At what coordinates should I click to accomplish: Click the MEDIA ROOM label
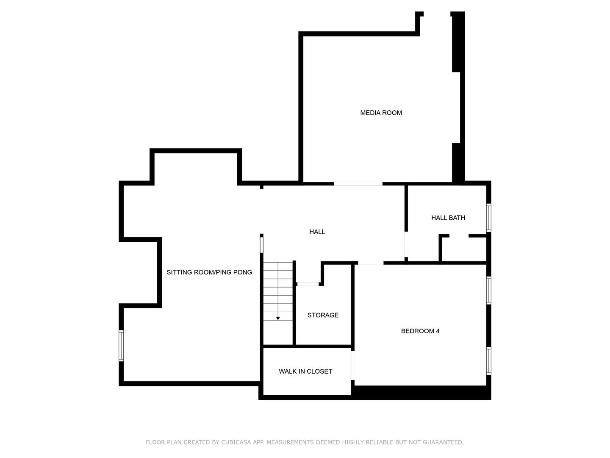(381, 113)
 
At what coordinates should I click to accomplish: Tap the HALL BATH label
(448, 218)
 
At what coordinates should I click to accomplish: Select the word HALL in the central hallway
(317, 232)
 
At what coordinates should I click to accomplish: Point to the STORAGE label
(323, 315)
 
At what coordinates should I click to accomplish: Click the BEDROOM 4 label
(420, 331)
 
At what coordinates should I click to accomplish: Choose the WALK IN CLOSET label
(305, 371)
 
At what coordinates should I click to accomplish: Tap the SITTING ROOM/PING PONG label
(209, 272)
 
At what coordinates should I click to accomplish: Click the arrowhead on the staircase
(277, 318)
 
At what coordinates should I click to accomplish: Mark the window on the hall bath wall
(488, 218)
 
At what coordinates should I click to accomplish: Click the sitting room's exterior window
(121, 346)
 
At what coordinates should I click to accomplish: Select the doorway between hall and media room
(358, 184)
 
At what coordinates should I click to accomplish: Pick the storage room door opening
(308, 284)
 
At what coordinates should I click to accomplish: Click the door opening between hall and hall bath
(406, 244)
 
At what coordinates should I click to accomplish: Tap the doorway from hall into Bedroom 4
(370, 263)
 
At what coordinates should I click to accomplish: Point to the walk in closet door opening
(353, 366)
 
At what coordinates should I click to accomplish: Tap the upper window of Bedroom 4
(488, 290)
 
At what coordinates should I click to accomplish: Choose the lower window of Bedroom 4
(488, 360)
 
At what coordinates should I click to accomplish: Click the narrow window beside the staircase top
(261, 245)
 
